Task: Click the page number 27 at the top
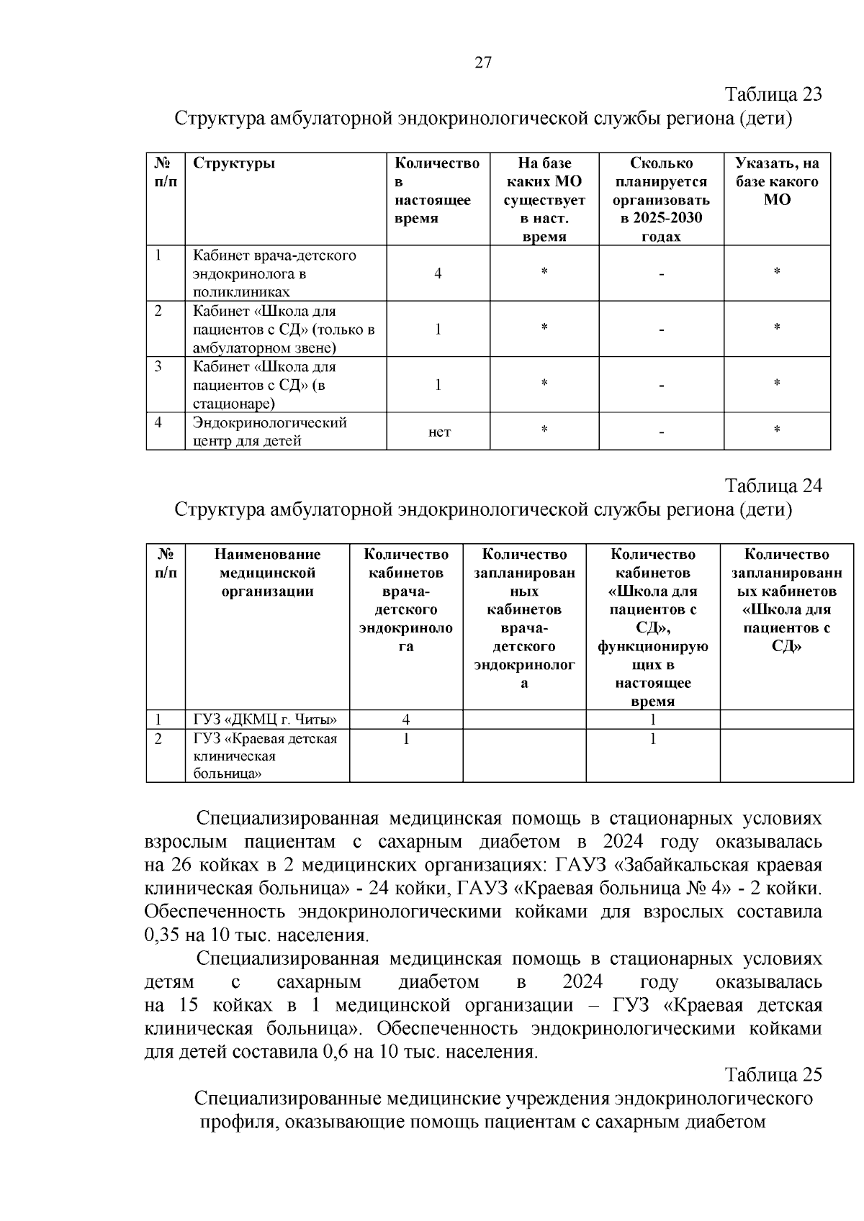point(482,62)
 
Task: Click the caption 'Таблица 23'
point(773,94)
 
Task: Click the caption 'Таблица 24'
point(773,486)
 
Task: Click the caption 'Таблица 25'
point(773,1075)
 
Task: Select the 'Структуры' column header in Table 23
point(234,163)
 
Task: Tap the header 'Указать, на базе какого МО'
point(777,181)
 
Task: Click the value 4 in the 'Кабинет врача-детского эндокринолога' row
point(438,273)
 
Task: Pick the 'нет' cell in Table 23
point(439,432)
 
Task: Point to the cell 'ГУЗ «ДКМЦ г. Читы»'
point(265,720)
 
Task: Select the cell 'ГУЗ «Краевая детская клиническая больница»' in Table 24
point(264,756)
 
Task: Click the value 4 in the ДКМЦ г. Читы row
point(406,720)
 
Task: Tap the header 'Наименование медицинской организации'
point(267,573)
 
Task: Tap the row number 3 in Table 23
point(158,367)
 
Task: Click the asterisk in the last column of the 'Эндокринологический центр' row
point(777,430)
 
